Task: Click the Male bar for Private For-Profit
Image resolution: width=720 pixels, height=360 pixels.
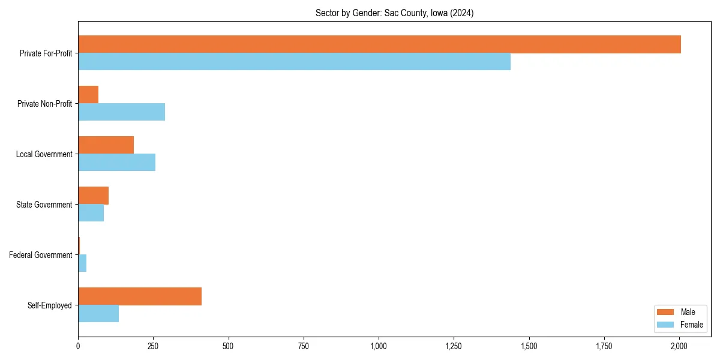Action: click(379, 44)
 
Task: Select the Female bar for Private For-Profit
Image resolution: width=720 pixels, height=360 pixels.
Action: click(294, 62)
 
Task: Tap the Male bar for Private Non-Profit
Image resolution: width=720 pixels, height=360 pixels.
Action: click(88, 95)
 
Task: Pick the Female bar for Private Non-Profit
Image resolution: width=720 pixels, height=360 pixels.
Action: click(121, 112)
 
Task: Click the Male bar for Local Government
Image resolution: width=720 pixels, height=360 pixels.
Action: click(106, 145)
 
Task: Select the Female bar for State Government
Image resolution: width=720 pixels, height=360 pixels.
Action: click(91, 213)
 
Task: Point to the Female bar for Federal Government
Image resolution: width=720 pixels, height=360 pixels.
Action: click(82, 263)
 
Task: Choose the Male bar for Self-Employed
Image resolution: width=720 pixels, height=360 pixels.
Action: click(140, 296)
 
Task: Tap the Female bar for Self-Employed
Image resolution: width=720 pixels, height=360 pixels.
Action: click(98, 314)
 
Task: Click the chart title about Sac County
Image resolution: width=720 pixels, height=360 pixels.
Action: click(394, 13)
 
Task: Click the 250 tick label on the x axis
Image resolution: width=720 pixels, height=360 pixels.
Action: click(153, 346)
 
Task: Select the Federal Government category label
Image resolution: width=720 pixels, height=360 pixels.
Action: click(41, 255)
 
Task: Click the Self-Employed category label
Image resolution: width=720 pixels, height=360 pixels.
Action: click(50, 305)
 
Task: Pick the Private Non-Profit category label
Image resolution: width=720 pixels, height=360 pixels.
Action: click(44, 104)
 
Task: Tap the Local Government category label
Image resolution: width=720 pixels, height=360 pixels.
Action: click(44, 154)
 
